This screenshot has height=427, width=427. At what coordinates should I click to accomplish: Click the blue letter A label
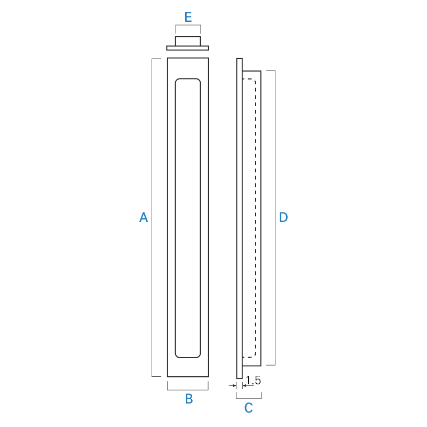144,217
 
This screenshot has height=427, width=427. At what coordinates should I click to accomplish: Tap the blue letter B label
189,399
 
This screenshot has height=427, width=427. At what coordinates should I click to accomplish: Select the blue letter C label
248,408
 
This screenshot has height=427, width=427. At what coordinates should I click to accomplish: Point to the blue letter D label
283,217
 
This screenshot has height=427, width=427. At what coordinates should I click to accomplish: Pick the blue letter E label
188,17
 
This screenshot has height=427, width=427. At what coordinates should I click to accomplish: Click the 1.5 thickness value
253,380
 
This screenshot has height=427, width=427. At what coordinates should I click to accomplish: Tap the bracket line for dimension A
152,218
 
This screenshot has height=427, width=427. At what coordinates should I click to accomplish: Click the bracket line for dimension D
275,218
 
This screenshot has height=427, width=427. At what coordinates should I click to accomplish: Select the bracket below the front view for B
188,390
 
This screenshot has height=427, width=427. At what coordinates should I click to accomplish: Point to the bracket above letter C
249,398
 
